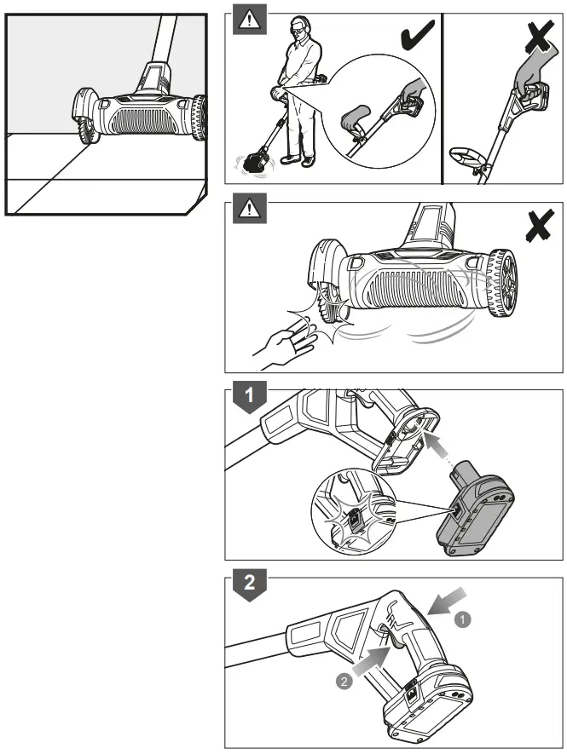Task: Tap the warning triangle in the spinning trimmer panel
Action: pos(250,208)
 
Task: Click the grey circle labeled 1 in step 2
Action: pos(463,621)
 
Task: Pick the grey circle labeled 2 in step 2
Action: pos(341,682)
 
